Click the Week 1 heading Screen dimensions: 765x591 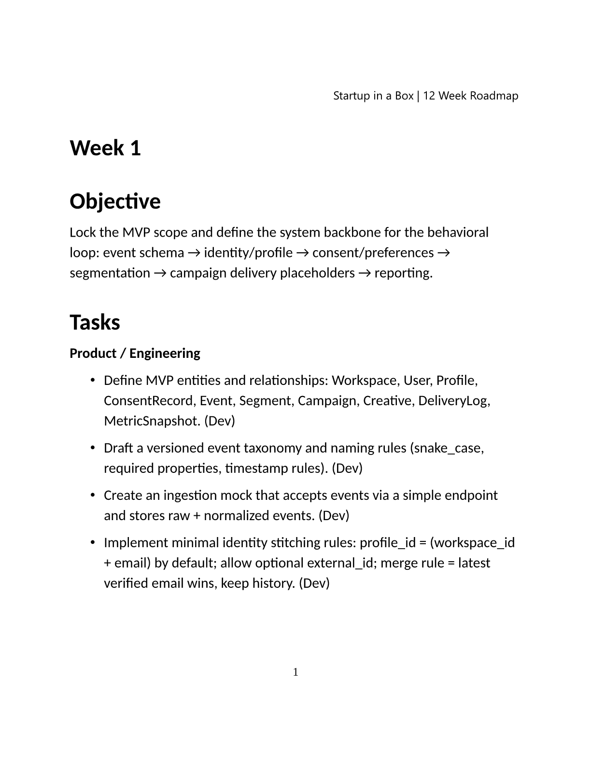pyautogui.click(x=105, y=148)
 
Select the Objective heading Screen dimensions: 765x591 pyautogui.click(x=115, y=201)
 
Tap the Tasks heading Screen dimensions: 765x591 pyautogui.click(x=95, y=322)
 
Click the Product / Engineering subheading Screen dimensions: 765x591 pyautogui.click(x=135, y=354)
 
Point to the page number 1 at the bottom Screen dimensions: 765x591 pyautogui.click(x=295, y=672)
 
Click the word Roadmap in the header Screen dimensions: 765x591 pyautogui.click(x=494, y=96)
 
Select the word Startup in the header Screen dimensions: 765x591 pyautogui.click(x=351, y=96)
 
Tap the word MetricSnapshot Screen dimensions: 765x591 pyautogui.click(x=152, y=421)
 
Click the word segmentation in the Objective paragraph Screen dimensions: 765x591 pyautogui.click(x=110, y=273)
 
